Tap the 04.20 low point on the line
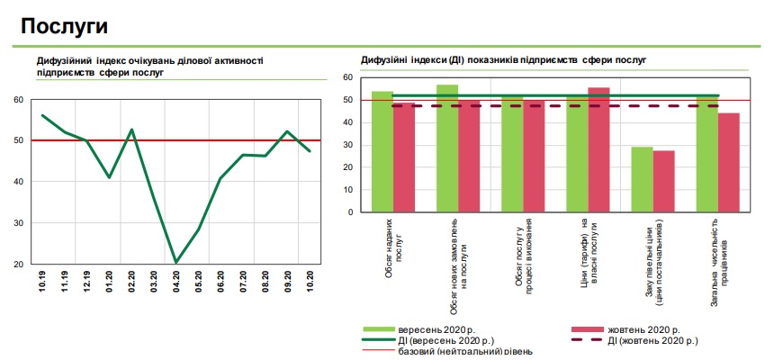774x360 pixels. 175,262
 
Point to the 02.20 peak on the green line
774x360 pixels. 131,130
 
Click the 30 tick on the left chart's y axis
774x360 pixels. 19,222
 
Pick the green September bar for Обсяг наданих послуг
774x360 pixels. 382,152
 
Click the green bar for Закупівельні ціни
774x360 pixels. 642,179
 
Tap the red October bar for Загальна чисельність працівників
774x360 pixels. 728,163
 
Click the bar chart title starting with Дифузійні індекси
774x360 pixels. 504,60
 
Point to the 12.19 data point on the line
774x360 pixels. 86,140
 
